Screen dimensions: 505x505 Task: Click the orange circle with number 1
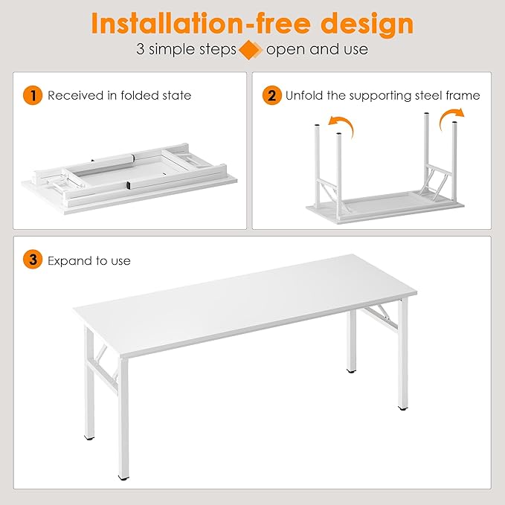click(32, 95)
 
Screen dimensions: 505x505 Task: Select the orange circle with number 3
click(32, 260)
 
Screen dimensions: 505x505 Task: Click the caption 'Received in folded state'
click(119, 95)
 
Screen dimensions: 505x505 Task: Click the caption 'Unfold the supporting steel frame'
click(383, 95)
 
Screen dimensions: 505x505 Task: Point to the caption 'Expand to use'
click(89, 261)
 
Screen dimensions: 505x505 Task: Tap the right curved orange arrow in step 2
click(451, 117)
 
